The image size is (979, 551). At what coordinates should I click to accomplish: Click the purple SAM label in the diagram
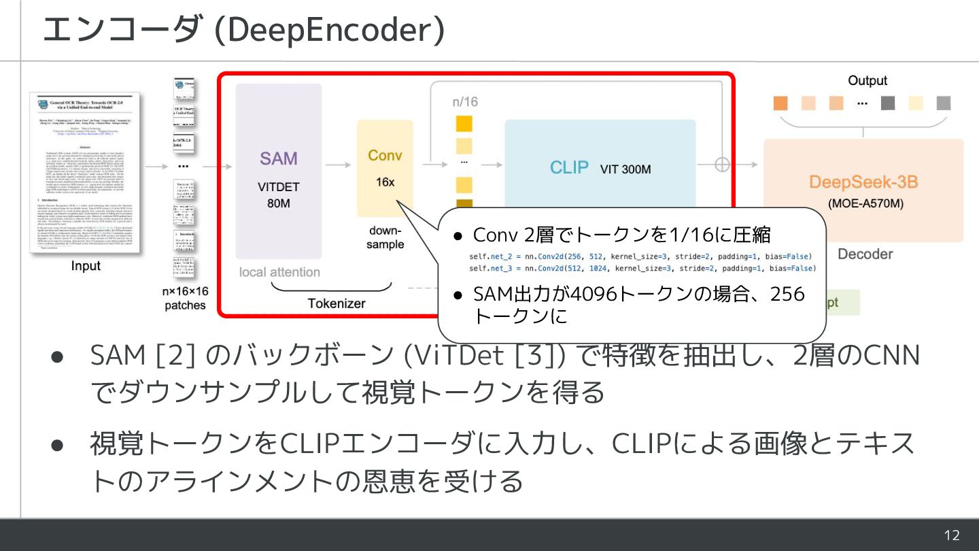[279, 158]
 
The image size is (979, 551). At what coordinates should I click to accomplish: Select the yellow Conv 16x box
[385, 168]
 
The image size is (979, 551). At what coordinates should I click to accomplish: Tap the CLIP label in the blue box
[569, 167]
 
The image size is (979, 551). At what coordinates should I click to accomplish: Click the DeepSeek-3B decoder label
[863, 182]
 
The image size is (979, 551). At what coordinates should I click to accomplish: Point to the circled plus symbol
[722, 165]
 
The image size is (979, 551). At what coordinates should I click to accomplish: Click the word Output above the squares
[867, 80]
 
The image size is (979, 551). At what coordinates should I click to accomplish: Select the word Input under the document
[86, 266]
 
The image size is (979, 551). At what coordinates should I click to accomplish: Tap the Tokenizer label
[337, 303]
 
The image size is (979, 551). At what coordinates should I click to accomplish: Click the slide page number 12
[952, 535]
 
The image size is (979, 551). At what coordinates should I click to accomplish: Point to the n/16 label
[465, 101]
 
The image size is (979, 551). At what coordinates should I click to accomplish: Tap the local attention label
[279, 272]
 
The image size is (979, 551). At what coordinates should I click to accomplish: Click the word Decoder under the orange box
[865, 254]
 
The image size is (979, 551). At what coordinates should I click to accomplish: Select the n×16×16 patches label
[185, 298]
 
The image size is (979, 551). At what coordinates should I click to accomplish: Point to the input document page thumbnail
[86, 173]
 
